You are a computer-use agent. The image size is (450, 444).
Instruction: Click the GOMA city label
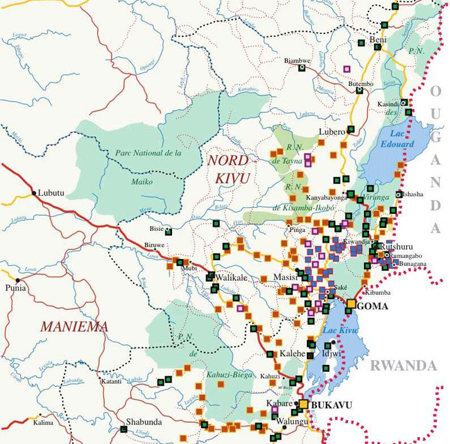[x=373, y=307]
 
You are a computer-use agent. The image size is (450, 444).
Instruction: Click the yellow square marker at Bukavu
[x=304, y=405]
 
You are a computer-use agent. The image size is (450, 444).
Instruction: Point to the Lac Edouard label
[x=385, y=139]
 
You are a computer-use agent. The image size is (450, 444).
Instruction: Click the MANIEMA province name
[x=73, y=327]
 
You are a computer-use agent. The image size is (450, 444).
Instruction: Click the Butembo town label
[x=361, y=83]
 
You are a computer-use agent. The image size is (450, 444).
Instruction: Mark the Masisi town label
[x=286, y=277]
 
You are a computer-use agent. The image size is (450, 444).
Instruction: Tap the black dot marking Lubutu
[x=33, y=192]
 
